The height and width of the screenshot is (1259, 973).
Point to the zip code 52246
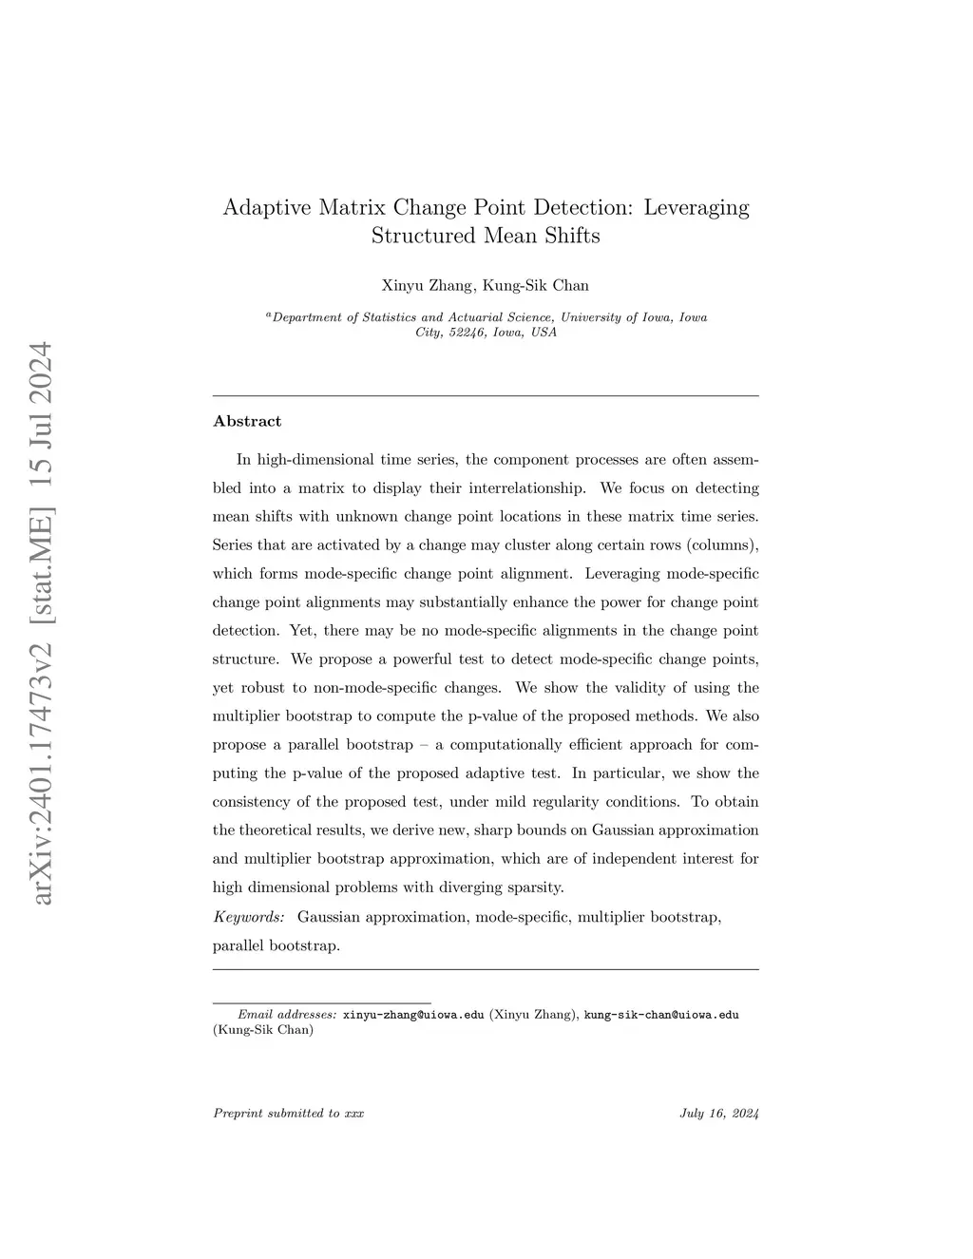click(x=467, y=333)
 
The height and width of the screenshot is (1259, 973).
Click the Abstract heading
click(x=247, y=421)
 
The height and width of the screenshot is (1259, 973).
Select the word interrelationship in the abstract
click(x=527, y=488)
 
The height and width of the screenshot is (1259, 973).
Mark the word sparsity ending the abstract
click(x=537, y=887)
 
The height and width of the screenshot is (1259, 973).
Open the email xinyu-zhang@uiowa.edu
click(x=413, y=1015)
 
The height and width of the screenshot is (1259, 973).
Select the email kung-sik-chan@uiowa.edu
click(x=661, y=1015)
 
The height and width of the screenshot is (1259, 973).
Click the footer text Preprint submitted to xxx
click(x=289, y=1114)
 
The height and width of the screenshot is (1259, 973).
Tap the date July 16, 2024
click(x=719, y=1114)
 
